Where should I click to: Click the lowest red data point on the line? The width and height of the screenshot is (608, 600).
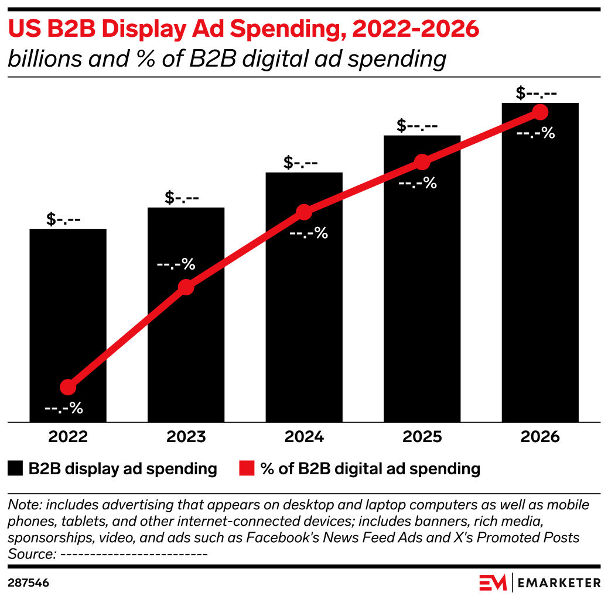(68, 387)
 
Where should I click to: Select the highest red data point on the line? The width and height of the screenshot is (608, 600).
(540, 112)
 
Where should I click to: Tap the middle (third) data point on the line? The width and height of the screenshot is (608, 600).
(303, 212)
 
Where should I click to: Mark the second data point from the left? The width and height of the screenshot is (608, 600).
(186, 287)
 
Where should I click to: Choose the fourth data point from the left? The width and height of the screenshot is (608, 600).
(422, 162)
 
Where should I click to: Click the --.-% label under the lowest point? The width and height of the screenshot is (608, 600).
(64, 408)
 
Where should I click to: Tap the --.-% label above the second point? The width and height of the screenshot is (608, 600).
(176, 264)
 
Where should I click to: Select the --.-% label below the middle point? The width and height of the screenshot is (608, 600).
(309, 233)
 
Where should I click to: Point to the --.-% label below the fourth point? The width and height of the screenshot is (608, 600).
(418, 183)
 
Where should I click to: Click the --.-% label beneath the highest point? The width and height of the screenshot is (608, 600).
(535, 133)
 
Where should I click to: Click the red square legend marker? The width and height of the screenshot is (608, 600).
(247, 468)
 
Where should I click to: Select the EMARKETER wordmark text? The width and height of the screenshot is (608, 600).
(559, 582)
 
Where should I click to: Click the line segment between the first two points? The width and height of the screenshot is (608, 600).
(127, 337)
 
